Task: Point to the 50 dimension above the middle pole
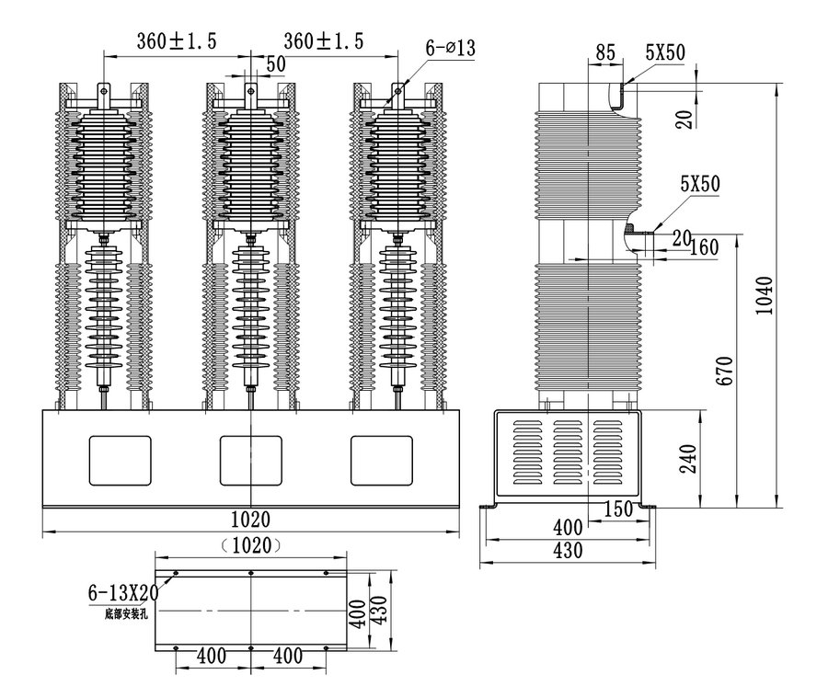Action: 274,63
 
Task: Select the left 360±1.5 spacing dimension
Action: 177,40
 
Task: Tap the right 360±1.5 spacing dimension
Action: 324,40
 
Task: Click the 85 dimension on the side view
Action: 604,52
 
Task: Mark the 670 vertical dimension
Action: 726,370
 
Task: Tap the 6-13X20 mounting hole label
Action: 123,592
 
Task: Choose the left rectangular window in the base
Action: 120,461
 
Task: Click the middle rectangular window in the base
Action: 251,461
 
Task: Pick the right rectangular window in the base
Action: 383,461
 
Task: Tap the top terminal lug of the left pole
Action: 103,93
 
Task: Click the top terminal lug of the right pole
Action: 399,93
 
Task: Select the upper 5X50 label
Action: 664,52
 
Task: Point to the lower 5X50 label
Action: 698,184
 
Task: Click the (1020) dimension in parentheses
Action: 251,544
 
